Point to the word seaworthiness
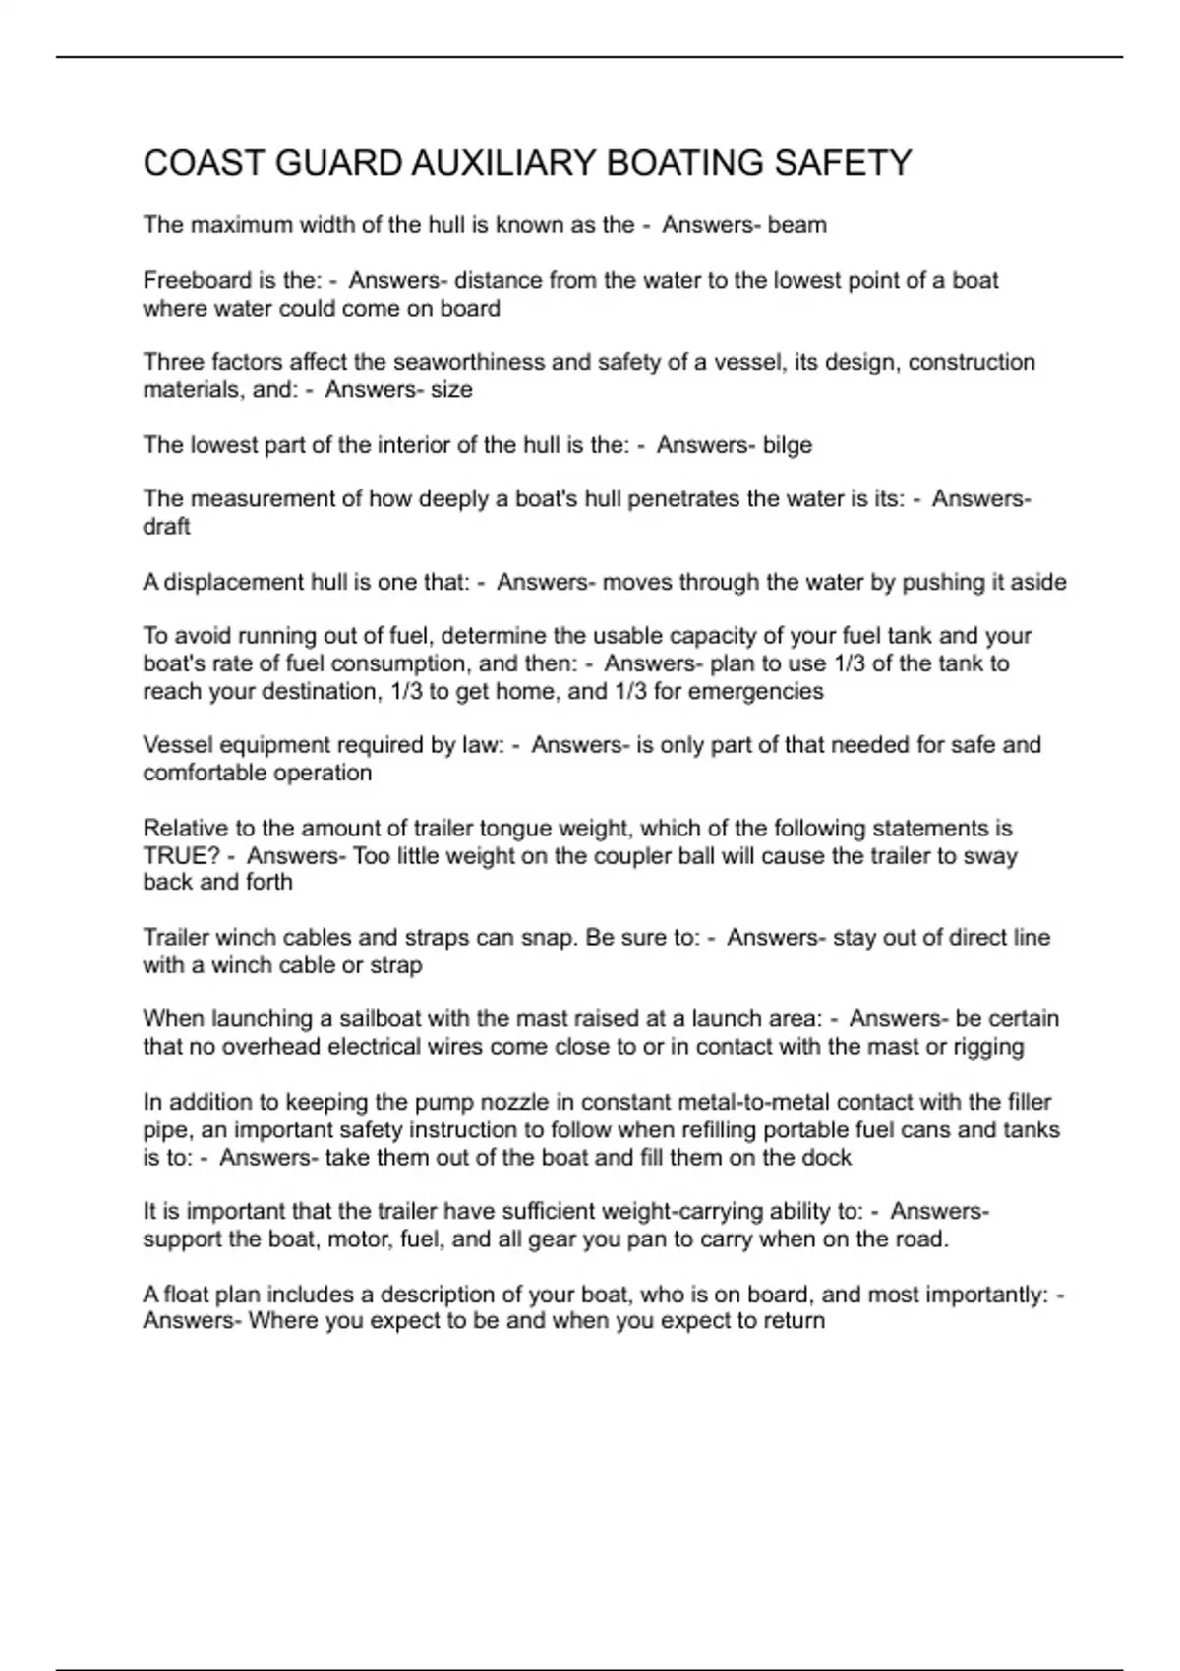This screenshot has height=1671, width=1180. [469, 362]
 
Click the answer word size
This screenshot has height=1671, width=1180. [451, 390]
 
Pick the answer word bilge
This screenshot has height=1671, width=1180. [787, 445]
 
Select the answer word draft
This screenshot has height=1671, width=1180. [166, 527]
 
